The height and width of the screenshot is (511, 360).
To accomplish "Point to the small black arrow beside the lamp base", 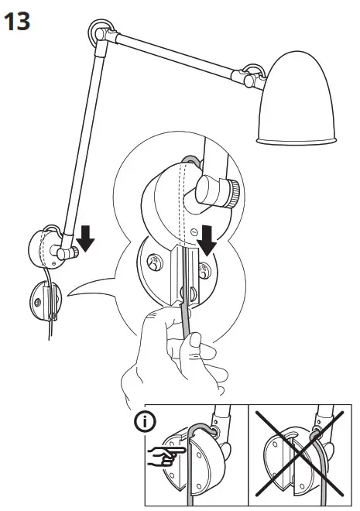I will tap(85, 241).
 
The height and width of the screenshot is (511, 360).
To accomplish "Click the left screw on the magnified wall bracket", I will tap(153, 263).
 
